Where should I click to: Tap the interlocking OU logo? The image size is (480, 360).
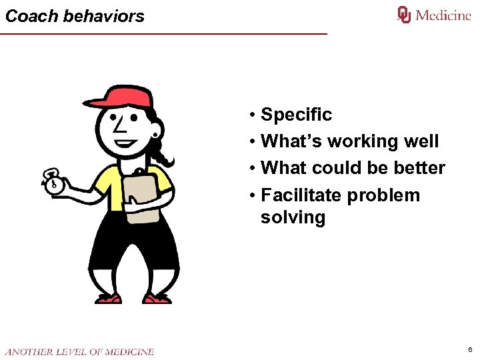(x=404, y=15)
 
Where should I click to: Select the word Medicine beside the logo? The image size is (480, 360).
(x=443, y=15)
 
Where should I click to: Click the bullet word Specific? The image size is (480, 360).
(x=296, y=115)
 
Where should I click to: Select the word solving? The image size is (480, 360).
(x=293, y=217)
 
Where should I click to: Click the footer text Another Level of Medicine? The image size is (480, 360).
(x=79, y=351)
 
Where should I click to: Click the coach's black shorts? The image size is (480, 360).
(x=133, y=247)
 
